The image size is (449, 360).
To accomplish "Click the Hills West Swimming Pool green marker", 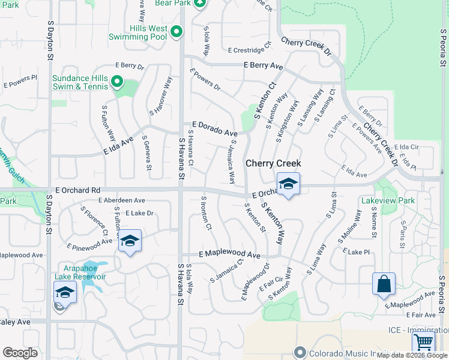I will [176, 32].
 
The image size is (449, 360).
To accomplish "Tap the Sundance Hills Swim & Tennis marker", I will [117, 82].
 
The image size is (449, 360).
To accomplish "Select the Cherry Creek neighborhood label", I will [273, 163].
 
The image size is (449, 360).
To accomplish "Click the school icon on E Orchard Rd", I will [288, 185].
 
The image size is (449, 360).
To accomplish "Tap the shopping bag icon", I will [384, 284].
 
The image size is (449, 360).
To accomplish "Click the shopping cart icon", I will [424, 342].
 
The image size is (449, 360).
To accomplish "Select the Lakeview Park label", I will [388, 200].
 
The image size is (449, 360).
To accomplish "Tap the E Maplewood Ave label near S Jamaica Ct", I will [229, 254].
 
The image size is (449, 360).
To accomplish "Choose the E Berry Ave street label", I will [263, 65].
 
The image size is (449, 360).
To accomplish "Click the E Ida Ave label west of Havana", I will [118, 145].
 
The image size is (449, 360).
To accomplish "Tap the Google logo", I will [20, 353].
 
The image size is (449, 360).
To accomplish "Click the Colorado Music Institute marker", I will [300, 353].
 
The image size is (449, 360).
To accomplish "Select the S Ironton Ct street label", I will [206, 213].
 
